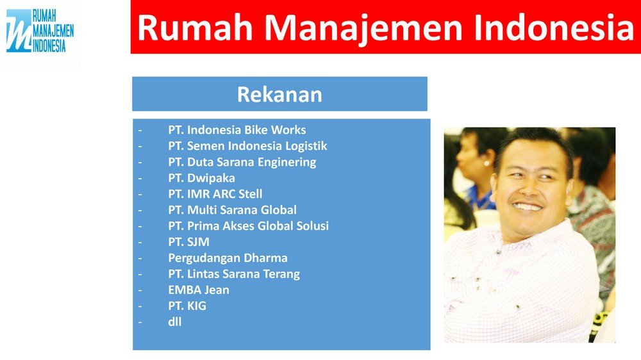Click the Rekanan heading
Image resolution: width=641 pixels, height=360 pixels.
(279, 94)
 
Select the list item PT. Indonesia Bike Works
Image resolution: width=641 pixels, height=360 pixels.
(237, 130)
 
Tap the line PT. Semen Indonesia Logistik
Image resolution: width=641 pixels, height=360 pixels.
(247, 146)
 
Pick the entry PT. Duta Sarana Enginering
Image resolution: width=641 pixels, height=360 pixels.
(242, 162)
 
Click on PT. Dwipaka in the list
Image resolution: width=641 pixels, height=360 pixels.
(201, 178)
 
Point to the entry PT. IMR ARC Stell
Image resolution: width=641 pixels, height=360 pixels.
(215, 193)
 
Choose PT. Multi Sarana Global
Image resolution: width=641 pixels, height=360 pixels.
(232, 210)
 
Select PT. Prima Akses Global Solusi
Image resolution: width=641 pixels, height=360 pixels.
(249, 226)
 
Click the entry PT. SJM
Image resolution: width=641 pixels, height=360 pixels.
(188, 242)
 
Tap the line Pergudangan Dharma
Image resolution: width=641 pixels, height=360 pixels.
(228, 258)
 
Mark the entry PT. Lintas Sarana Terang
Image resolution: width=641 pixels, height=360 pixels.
(234, 274)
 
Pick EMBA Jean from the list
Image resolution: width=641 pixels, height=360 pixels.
(199, 290)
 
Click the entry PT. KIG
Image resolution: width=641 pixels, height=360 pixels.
(187, 306)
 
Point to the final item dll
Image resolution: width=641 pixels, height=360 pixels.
(174, 322)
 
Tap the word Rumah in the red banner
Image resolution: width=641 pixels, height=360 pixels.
(195, 28)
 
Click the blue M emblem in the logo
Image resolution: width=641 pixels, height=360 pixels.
(19, 31)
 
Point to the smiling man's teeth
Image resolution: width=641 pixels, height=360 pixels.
(528, 206)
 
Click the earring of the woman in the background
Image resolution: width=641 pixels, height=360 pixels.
(486, 163)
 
